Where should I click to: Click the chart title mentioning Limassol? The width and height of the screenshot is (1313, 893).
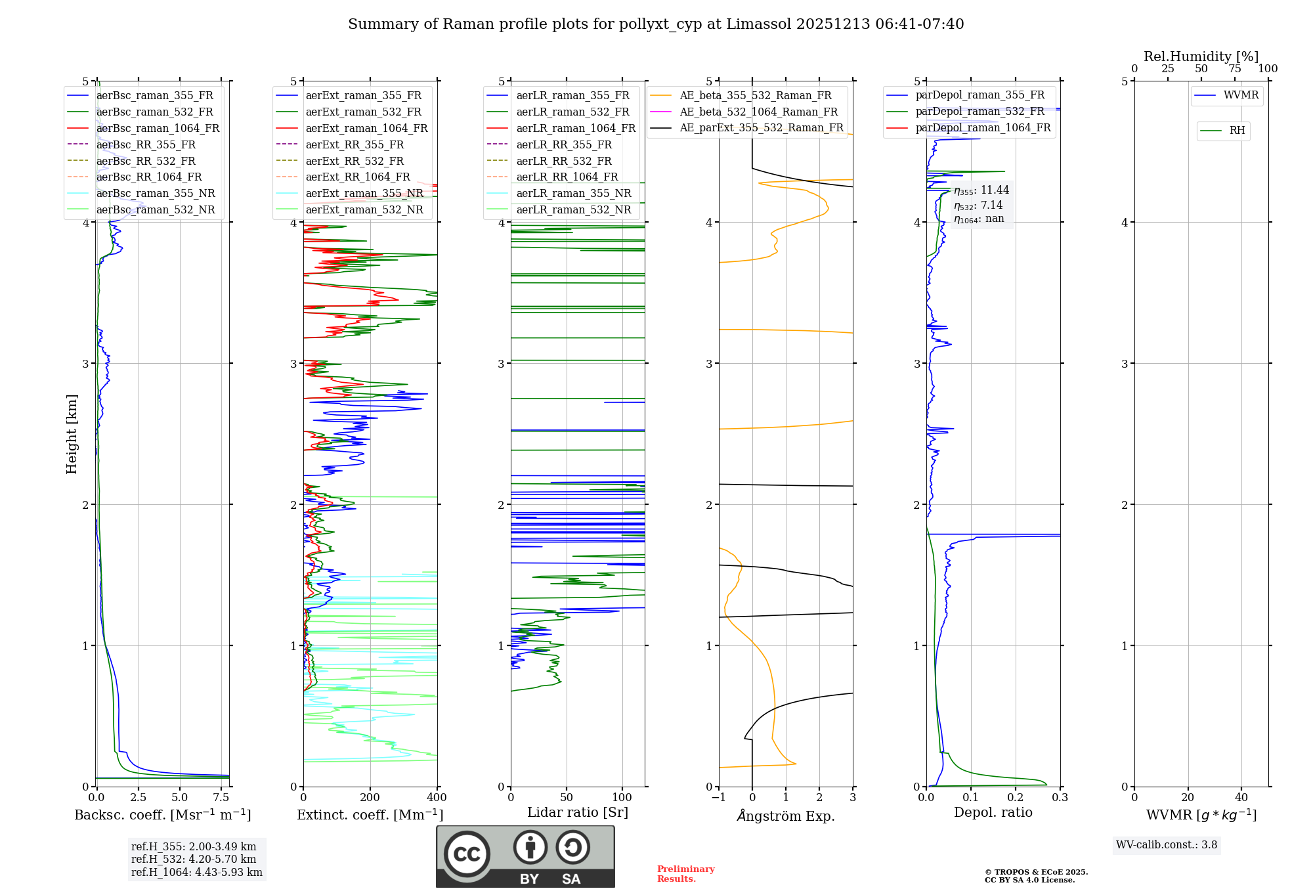point(655,24)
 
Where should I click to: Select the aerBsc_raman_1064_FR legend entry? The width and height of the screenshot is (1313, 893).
point(158,129)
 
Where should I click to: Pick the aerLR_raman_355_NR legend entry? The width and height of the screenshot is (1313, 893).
point(573,194)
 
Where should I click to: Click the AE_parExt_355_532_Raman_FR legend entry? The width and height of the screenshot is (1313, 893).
point(761,128)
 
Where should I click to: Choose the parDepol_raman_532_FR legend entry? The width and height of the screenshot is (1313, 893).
point(979,112)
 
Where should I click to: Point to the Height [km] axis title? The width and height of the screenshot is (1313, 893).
point(72,434)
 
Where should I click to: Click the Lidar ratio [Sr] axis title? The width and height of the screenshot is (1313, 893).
point(578,812)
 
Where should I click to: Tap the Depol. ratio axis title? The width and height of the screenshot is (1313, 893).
point(993,812)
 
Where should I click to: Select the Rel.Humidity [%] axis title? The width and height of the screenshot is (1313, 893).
point(1201,56)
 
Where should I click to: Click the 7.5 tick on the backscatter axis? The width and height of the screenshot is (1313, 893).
point(221,798)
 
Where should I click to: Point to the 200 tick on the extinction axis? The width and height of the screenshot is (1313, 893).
point(370,798)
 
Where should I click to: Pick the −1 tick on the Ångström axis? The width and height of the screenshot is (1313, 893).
point(719,798)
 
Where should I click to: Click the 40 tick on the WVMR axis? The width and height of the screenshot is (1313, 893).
point(1241,798)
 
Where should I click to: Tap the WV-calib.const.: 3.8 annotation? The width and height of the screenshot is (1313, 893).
point(1166,845)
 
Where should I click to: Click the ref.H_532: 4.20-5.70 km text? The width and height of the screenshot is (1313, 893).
point(194,859)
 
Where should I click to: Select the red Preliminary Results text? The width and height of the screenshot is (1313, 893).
point(685,874)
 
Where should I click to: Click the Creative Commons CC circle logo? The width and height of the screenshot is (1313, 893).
point(467,854)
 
